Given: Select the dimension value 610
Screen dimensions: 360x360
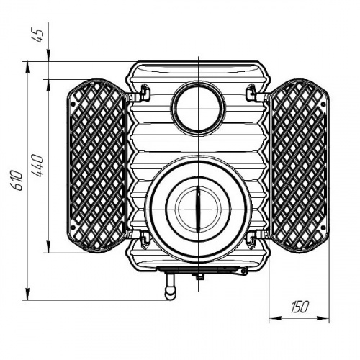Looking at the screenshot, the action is click(18, 180).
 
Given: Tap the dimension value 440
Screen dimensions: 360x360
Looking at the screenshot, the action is click(39, 166).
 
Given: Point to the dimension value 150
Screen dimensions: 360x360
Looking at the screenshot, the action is click(300, 307).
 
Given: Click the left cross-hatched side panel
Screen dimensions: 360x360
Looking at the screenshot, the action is click(96, 166).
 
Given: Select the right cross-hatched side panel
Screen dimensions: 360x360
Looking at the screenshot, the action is click(300, 166).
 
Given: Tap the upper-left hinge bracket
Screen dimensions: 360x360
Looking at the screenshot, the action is click(145, 92).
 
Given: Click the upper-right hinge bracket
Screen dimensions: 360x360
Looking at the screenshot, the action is click(251, 92).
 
